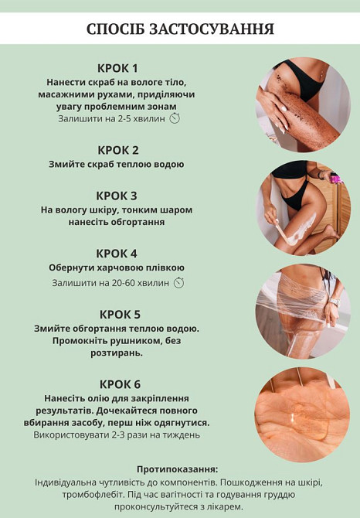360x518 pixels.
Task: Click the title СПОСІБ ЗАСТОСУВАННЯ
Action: pos(180,29)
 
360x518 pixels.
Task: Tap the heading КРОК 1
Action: pos(118,67)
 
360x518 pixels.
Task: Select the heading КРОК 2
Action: pos(118,149)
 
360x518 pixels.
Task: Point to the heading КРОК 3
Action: pos(117,195)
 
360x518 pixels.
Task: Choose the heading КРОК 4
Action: pos(117,253)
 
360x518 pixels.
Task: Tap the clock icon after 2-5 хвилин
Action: pos(175,119)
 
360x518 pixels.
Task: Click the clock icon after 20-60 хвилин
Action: pos(178,283)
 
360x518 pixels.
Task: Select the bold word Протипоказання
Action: pos(177,469)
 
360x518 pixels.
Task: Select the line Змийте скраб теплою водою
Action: pos(117,165)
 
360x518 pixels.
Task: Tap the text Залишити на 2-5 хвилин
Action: pos(111,119)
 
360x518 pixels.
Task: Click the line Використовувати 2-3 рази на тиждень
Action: pos(117,435)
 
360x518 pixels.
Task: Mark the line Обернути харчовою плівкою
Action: pos(117,268)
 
